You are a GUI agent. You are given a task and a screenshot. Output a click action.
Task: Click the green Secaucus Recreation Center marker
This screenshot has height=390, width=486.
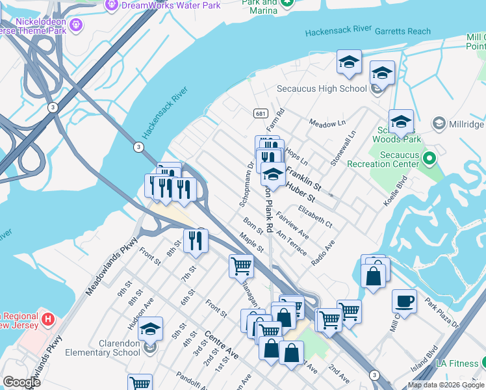point(429,158)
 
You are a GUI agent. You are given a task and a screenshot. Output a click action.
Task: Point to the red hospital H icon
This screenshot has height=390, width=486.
point(47,319)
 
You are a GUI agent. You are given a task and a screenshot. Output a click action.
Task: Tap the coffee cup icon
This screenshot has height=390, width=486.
point(404,302)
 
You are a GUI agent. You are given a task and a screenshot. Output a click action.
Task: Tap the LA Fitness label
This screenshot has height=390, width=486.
point(458,362)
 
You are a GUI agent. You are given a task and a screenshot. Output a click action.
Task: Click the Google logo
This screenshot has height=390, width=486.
point(21,382)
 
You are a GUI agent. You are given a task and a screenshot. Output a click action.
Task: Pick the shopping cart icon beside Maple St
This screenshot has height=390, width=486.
point(240,265)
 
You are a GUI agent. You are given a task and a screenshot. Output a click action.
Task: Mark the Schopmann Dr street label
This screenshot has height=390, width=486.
point(246,185)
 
